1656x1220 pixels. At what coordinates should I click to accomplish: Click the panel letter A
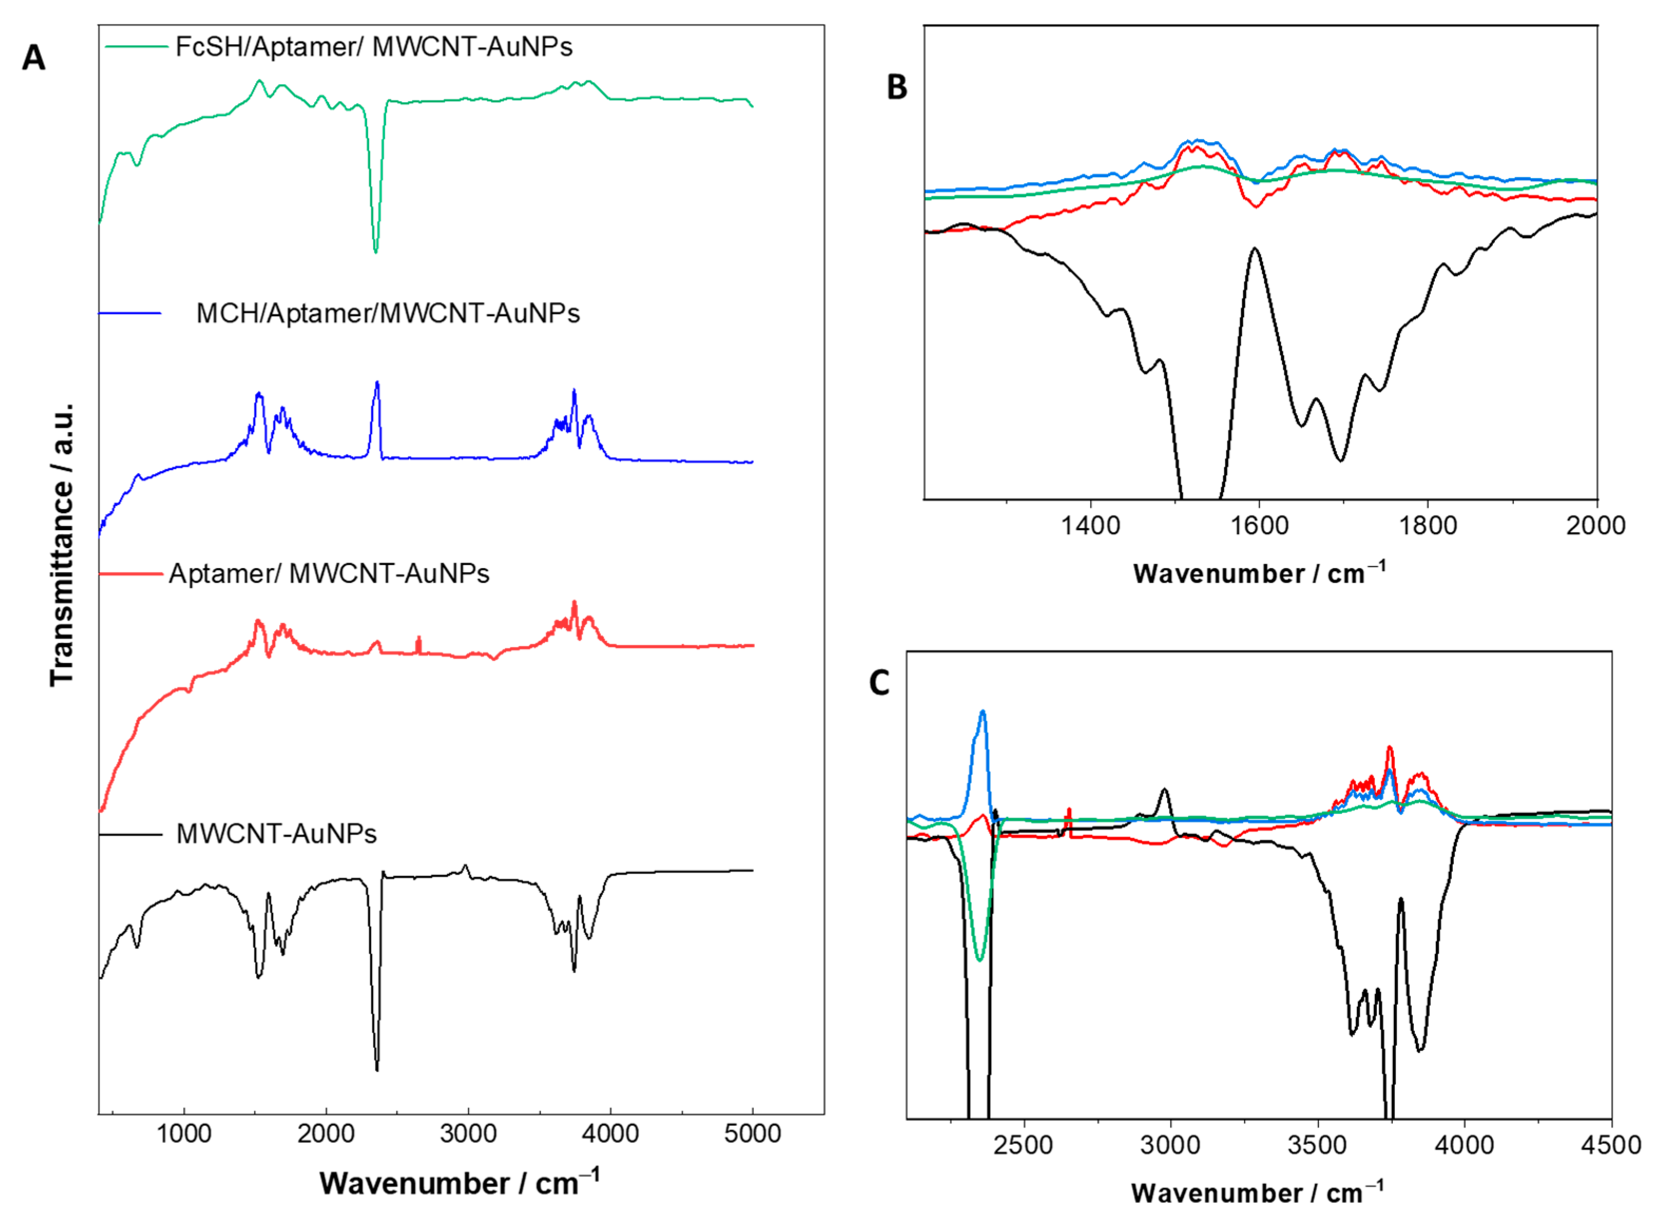coord(33,57)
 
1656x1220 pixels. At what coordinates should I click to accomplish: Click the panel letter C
coord(879,683)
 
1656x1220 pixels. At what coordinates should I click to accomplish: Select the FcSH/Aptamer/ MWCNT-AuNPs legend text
coord(373,46)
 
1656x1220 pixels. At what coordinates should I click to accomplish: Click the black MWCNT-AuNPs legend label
coord(276,834)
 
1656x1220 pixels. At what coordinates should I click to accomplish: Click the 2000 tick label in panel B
coord(1596,525)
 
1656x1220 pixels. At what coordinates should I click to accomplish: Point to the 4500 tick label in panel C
coord(1610,1145)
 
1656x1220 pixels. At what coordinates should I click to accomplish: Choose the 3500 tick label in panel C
coord(1317,1145)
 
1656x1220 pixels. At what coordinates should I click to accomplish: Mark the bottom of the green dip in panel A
coord(376,252)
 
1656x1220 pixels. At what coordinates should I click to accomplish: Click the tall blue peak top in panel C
coord(983,711)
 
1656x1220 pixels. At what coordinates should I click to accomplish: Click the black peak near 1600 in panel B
coord(1254,249)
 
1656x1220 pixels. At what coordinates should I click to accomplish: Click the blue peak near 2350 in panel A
coord(377,382)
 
